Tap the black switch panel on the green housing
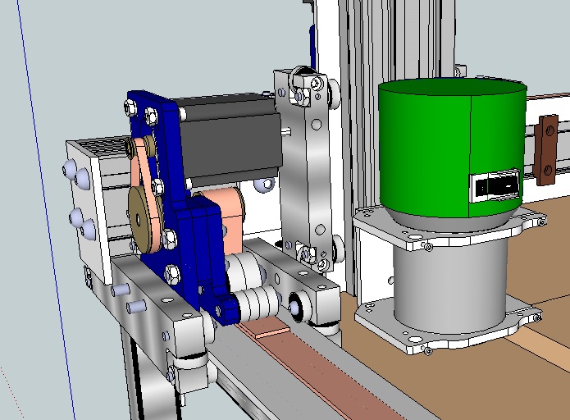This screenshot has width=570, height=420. [x=497, y=187]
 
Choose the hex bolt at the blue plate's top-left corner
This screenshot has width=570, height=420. [x=129, y=107]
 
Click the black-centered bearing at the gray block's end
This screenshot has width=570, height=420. [x=293, y=304]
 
